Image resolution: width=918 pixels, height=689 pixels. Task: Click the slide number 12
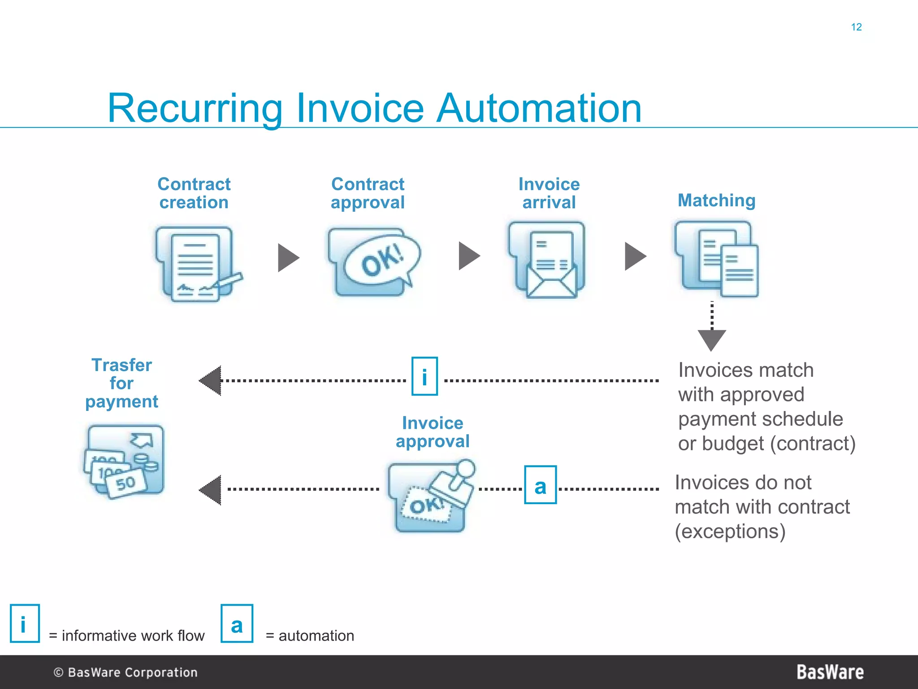tap(856, 27)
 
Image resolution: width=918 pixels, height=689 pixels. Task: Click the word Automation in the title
tap(539, 108)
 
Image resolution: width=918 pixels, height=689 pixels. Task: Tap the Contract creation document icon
tap(195, 264)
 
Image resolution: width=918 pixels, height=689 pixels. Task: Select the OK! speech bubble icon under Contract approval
tap(374, 262)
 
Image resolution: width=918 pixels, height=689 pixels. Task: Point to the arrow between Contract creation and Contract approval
tap(288, 257)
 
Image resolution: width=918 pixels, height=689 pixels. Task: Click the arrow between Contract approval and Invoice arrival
tap(469, 256)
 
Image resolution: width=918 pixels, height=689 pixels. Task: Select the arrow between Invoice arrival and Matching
tap(635, 257)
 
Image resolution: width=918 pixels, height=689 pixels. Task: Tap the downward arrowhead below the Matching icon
tap(711, 340)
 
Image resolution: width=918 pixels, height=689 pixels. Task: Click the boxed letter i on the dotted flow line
tap(424, 376)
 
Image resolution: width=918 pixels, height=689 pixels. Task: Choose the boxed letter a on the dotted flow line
tap(541, 485)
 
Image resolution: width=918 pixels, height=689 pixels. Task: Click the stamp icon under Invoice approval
tap(431, 497)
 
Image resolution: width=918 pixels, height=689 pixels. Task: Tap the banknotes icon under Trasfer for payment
tap(124, 461)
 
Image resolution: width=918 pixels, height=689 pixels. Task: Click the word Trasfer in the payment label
tap(121, 365)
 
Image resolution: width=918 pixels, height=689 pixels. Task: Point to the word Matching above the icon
tap(716, 201)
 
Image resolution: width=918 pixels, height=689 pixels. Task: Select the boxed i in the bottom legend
tap(25, 624)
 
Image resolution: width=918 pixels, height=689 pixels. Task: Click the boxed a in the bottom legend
tap(237, 624)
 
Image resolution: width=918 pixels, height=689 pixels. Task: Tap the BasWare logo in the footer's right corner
tap(830, 672)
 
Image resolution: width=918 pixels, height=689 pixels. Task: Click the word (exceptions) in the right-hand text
tap(730, 532)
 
